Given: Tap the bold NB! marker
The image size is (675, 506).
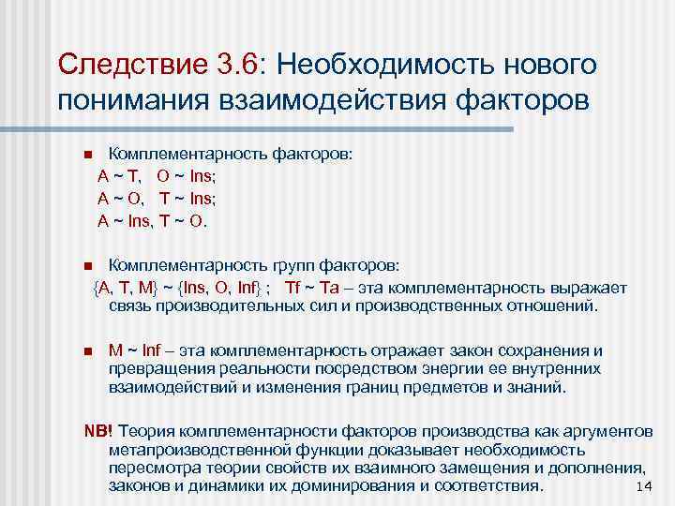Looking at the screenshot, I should (x=98, y=429).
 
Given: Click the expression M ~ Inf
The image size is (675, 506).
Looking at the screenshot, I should (x=136, y=351).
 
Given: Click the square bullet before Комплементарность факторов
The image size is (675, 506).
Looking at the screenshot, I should (x=87, y=154).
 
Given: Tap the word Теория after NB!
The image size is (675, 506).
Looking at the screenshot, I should (x=145, y=429).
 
